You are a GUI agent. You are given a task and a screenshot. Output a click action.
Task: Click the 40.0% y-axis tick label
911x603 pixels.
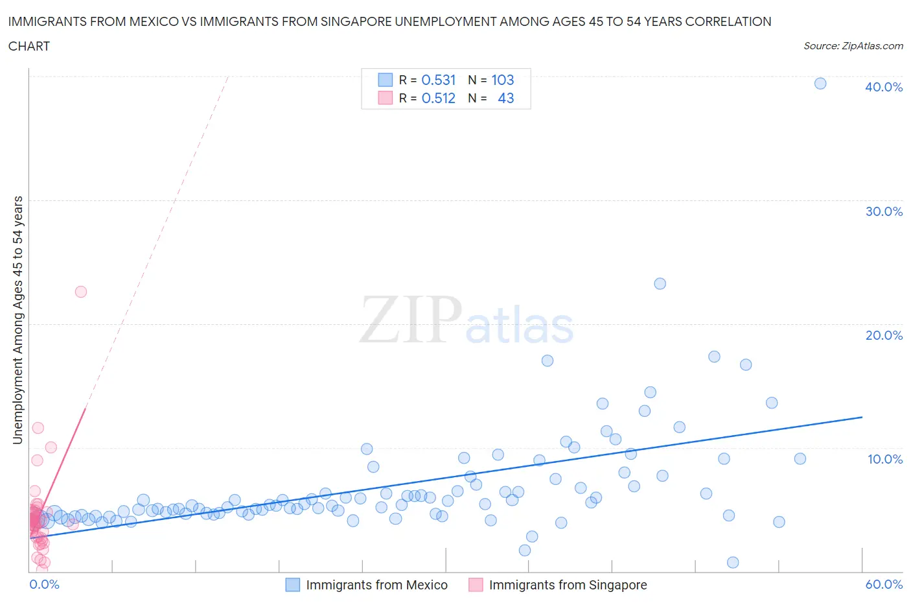point(884,87)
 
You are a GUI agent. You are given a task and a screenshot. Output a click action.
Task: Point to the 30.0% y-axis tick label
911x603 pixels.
point(884,211)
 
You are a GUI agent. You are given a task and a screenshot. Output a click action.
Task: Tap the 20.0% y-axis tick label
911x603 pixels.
point(884,335)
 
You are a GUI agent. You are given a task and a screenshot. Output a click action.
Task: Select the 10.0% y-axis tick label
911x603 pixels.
point(885,459)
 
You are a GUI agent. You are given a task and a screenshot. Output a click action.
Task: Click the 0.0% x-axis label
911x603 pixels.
point(44,584)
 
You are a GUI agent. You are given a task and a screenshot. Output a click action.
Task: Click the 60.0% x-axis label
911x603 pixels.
point(884,584)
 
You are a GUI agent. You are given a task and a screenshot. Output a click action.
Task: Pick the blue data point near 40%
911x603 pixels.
point(820,83)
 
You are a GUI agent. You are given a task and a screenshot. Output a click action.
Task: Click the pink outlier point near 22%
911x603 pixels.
point(81,292)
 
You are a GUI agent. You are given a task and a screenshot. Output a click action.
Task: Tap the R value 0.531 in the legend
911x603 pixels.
point(439,80)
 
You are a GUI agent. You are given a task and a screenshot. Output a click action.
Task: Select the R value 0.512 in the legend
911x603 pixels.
point(439,98)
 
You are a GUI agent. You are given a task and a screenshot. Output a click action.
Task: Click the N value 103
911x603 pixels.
point(502,80)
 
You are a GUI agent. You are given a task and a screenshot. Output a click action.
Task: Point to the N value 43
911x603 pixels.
point(505,98)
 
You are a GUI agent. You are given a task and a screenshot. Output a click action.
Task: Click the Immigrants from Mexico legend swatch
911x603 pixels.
point(293,585)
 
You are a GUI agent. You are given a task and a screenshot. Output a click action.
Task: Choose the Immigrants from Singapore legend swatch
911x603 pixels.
point(476,585)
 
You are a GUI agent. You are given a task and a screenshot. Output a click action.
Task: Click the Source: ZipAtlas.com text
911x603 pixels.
point(853,46)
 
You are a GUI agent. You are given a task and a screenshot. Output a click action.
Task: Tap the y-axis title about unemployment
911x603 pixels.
point(17,320)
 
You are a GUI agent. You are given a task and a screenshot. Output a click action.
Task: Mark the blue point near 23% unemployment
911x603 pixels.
point(660,283)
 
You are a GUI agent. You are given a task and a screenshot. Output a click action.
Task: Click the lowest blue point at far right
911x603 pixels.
point(733,562)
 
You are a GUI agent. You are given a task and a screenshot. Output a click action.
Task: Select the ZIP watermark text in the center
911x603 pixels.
point(411,320)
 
